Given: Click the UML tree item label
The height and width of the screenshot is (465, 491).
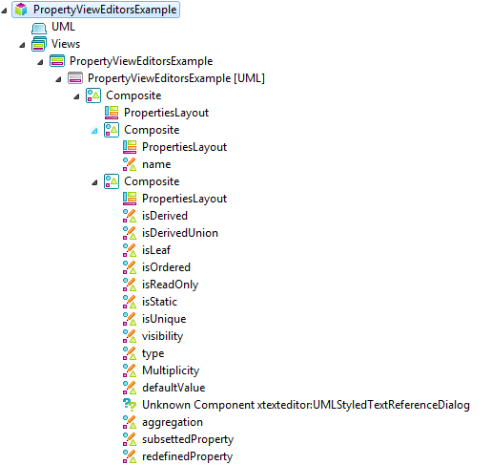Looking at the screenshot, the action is coord(63,27).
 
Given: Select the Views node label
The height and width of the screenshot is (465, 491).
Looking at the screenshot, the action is coord(66,44).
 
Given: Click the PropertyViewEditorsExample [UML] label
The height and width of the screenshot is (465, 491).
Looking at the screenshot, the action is coord(176,78).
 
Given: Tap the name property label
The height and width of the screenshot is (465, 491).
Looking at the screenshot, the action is coord(156,164).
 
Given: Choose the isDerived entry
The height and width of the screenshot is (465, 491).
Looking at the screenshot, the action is coord(165,216).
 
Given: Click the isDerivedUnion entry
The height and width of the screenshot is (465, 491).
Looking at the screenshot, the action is coord(180,233).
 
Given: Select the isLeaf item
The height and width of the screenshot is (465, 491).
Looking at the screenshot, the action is coord(156,250).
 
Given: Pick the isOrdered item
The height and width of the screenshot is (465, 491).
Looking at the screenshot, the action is coord(166,267).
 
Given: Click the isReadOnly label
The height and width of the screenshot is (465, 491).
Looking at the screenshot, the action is coord(170,285).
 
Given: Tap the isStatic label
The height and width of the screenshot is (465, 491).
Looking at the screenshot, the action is coord(159,302).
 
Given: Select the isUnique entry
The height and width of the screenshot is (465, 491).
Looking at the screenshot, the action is coord(164,319).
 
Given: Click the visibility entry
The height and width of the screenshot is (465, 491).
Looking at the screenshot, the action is coord(162,336).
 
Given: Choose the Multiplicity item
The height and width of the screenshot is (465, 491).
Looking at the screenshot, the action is coord(171,370).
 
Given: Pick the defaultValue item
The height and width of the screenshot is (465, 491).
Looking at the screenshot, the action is coord(174,388).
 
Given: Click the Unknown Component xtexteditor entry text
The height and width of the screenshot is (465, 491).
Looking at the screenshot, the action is coord(306,405).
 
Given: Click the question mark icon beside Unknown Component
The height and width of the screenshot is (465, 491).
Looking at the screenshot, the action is coord(130,405).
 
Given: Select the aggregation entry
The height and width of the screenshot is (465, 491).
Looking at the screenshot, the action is coord(173,422).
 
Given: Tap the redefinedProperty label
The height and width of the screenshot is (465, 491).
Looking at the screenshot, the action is coord(187,456).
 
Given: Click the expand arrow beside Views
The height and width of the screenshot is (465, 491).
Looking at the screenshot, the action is coord(22,45).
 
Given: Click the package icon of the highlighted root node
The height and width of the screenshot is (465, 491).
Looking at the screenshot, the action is coord(21,10).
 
